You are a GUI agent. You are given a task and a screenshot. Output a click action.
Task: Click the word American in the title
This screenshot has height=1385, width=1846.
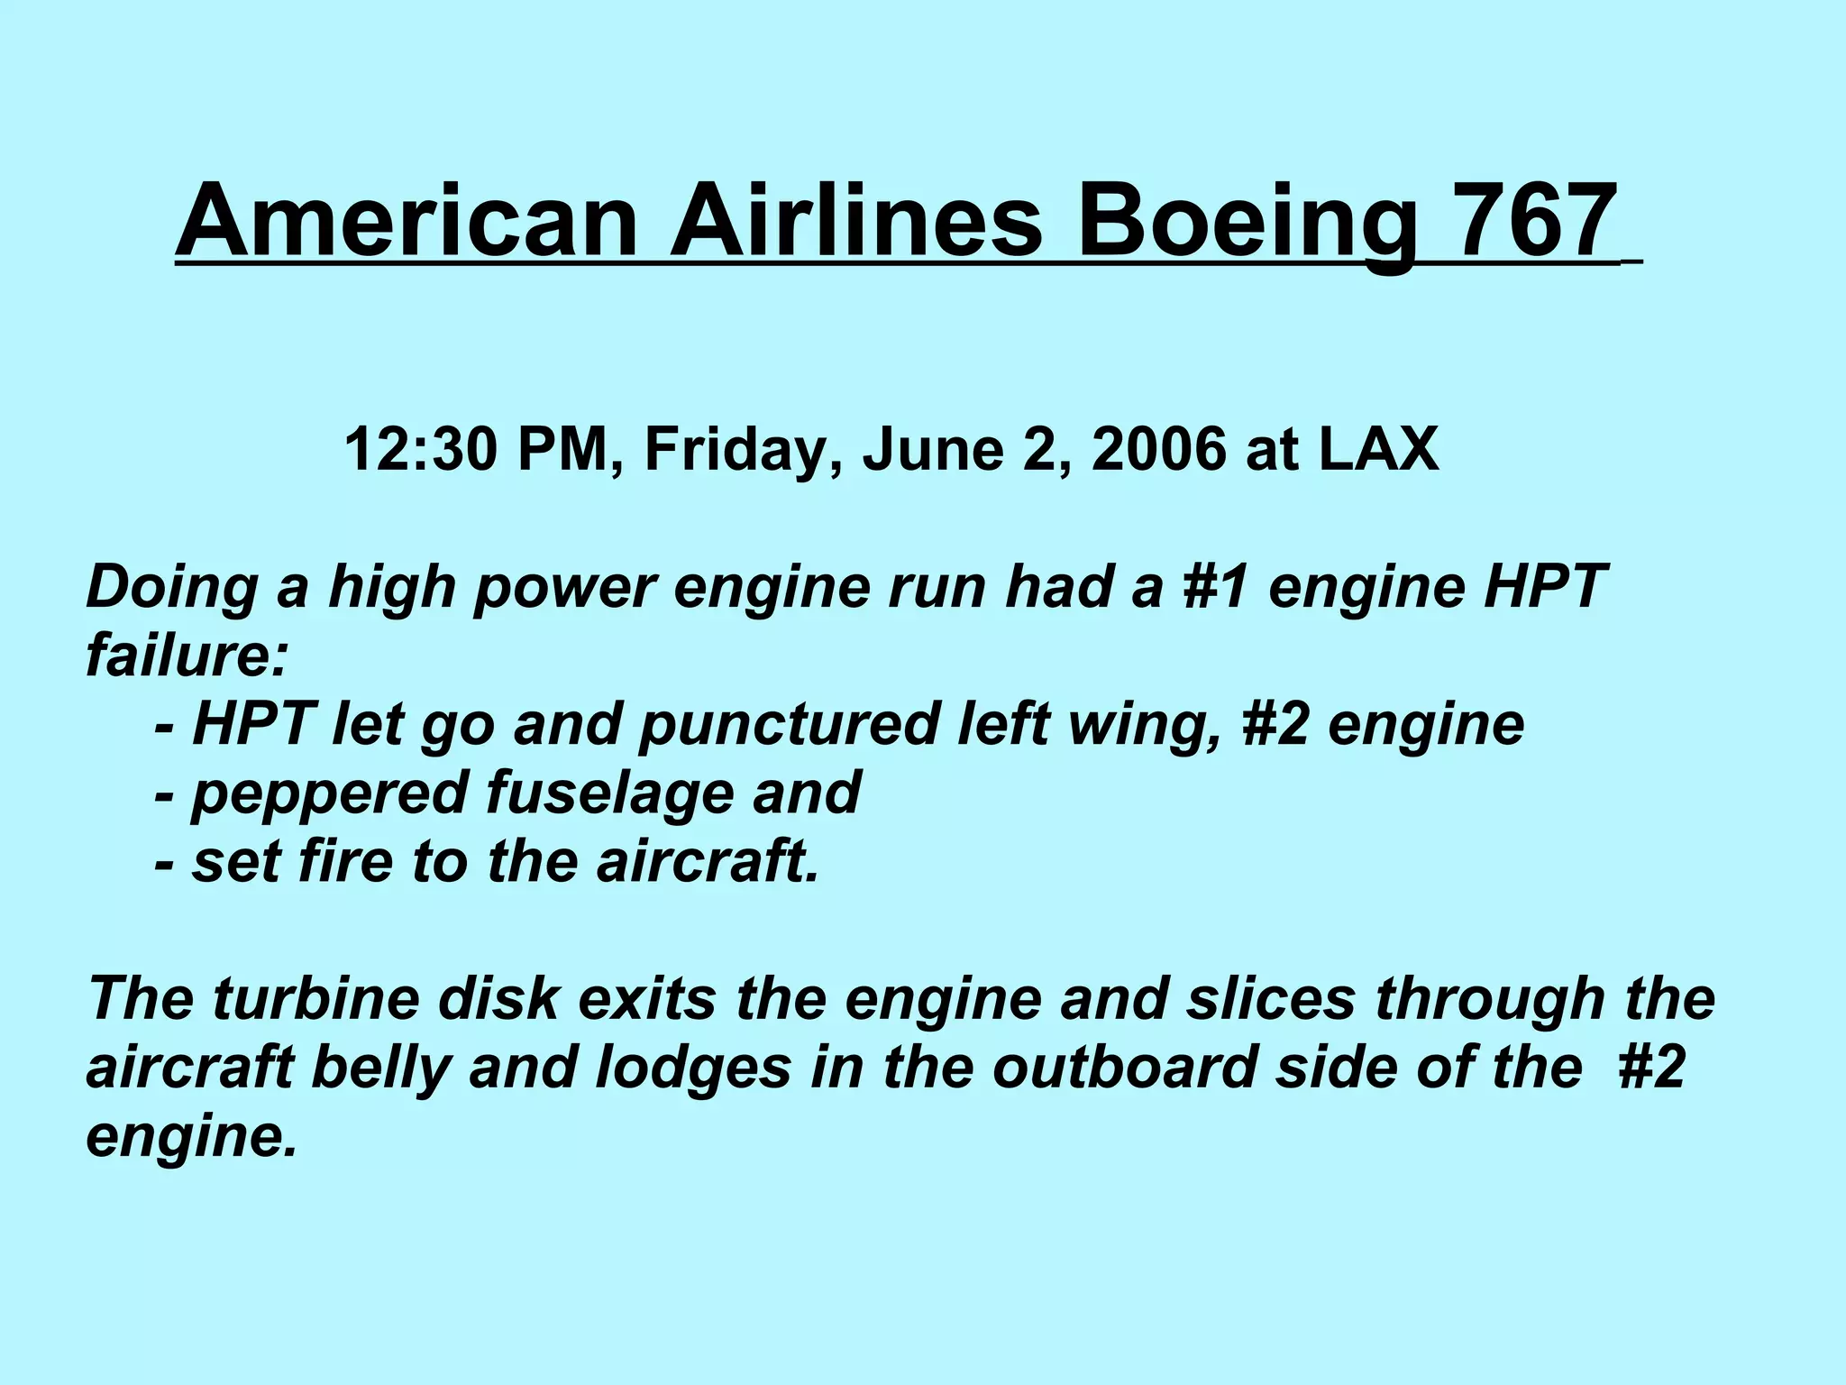tap(406, 221)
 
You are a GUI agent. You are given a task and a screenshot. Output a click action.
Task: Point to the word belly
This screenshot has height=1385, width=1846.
tap(379, 1068)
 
